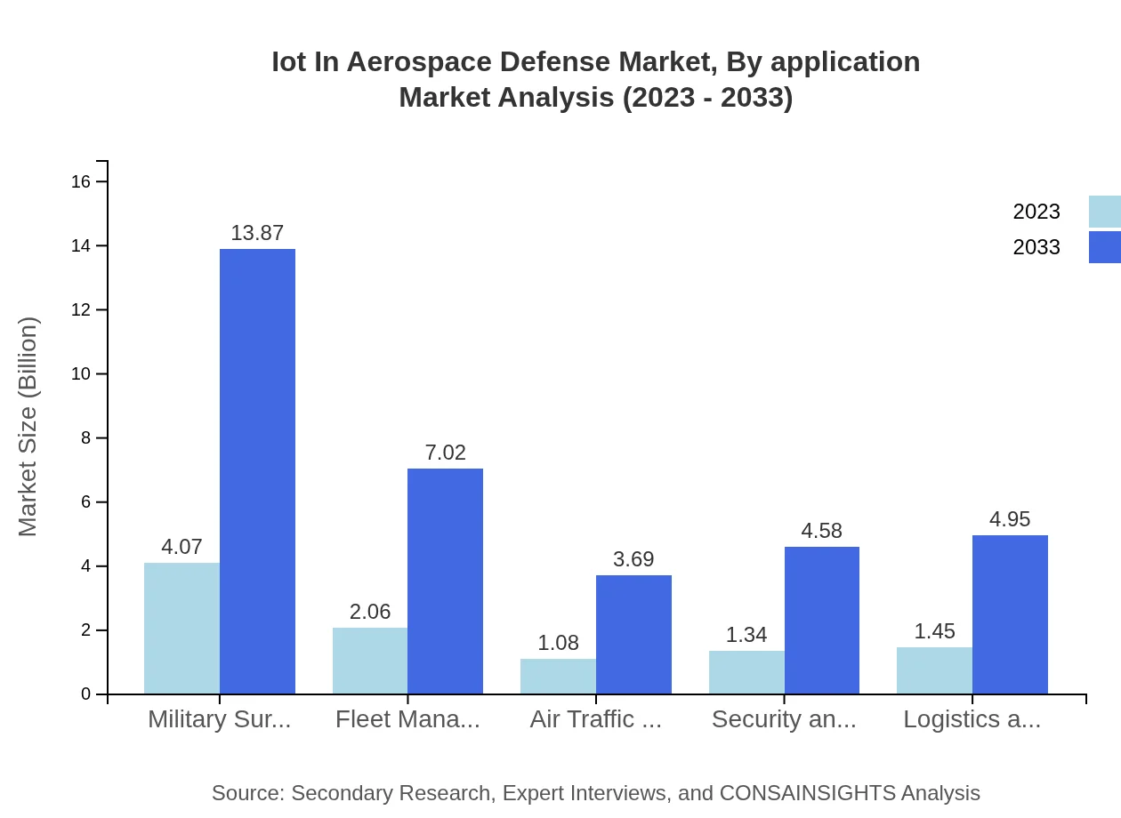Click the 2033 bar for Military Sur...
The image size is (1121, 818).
pos(257,471)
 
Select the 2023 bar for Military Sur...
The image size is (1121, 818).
pos(181,628)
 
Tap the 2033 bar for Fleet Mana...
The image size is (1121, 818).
pos(445,581)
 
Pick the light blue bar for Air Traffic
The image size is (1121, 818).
pos(558,676)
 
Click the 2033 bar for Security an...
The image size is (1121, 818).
pos(821,620)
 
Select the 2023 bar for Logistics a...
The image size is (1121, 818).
pos(934,670)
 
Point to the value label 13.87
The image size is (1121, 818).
pos(257,233)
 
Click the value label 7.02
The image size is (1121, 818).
pos(445,453)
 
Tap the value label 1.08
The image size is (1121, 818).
pos(558,643)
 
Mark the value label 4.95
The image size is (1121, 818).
pos(1010,519)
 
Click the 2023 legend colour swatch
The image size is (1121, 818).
pos(1104,212)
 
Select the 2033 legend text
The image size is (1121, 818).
pos(1036,247)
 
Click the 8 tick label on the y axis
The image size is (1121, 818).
pos(85,438)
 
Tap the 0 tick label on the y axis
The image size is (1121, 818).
pos(85,694)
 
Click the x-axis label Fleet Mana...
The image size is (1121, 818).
pos(407,719)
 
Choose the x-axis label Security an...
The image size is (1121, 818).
pos(784,719)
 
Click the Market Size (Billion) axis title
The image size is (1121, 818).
pos(28,427)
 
